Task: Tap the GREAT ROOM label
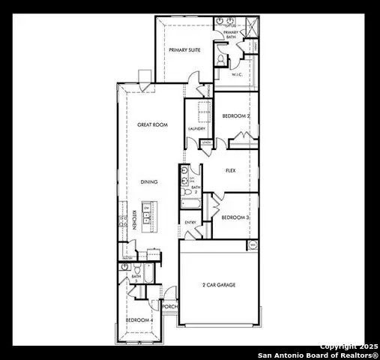pos(150,124)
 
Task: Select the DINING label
pos(149,181)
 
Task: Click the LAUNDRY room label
pos(196,128)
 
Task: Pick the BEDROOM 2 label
pos(237,115)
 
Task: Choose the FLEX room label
pos(231,170)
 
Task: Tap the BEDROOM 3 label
pos(235,217)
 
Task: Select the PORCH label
pos(170,306)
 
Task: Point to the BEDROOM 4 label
pos(139,320)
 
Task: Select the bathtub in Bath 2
pos(187,201)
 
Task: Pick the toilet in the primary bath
pos(220,58)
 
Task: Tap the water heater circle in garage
pos(253,244)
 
